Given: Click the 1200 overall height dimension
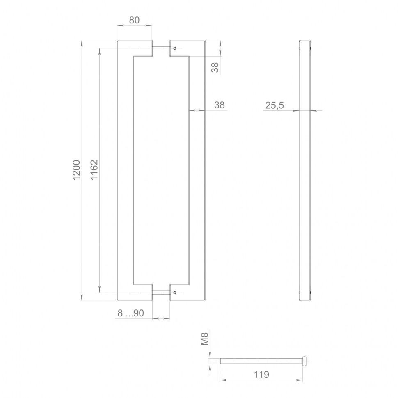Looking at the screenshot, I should coord(77,170).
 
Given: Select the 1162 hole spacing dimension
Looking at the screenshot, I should coord(94,170).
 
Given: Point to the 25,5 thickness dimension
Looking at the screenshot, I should coord(274,105).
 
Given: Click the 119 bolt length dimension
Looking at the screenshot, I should coord(261,375).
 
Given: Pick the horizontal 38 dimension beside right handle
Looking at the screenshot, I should coord(220,105).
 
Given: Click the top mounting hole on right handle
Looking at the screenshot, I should coord(175,48).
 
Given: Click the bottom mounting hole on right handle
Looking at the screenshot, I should coord(175,293).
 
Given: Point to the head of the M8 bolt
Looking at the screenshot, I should coord(305,361).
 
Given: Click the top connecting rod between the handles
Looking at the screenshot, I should coord(161,48).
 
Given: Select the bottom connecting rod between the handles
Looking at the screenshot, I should coord(161,293).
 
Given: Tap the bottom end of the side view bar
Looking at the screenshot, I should coord(304,300).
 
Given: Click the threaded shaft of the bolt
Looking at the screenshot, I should coord(261,361).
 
